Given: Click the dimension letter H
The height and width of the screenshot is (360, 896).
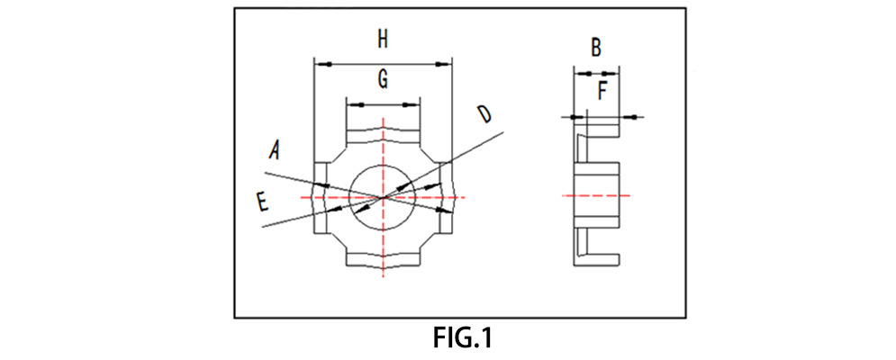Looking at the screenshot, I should click(x=383, y=39).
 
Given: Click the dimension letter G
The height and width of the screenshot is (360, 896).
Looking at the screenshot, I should click(x=383, y=80).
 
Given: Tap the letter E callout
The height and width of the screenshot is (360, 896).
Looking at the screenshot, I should click(x=262, y=202).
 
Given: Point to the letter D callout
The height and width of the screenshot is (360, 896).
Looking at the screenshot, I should click(x=484, y=114).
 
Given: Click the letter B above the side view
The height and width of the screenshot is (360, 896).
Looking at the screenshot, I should click(x=596, y=47).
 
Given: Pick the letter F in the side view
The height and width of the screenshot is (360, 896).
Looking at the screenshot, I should click(x=603, y=90).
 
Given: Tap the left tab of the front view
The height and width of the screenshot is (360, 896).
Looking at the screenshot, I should click(x=321, y=197).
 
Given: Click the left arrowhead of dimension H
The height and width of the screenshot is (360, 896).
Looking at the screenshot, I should click(x=320, y=64).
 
